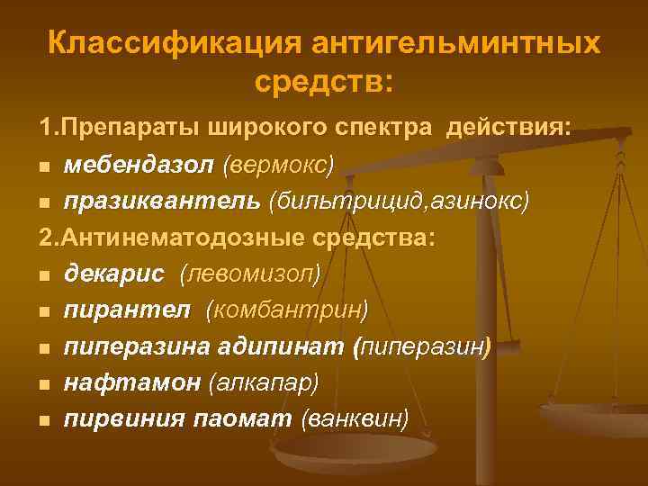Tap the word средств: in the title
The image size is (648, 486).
(324, 82)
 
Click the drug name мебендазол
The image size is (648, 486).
(139, 165)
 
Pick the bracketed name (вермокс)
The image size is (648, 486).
(279, 165)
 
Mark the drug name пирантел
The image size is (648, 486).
(127, 310)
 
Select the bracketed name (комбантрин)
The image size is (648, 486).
(287, 310)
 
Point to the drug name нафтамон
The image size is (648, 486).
(132, 382)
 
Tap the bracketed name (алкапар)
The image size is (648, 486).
(264, 382)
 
